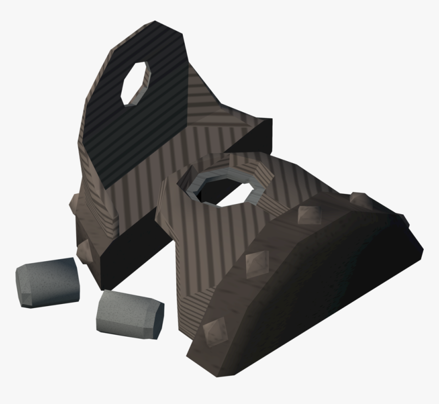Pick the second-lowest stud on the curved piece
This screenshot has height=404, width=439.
(x=256, y=262)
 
